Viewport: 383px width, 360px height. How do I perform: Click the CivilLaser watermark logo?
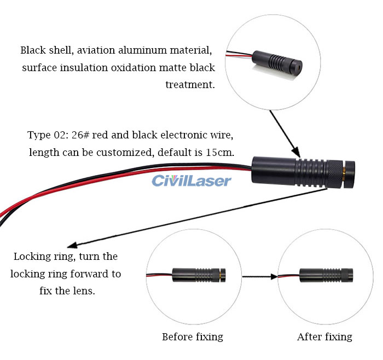coord(191,181)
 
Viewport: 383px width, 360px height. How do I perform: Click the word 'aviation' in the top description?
coord(96,50)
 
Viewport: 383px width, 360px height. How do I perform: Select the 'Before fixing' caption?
coord(193,336)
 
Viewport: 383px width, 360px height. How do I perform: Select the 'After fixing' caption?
coord(324,336)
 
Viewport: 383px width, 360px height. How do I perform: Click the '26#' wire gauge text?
coord(80,134)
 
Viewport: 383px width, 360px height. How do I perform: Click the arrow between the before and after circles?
coord(260,277)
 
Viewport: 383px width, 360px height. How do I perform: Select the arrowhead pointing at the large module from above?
coord(295,152)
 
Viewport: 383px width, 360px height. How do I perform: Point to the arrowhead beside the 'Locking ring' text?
coord(72,248)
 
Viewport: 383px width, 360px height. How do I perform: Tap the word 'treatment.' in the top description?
coord(190,85)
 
